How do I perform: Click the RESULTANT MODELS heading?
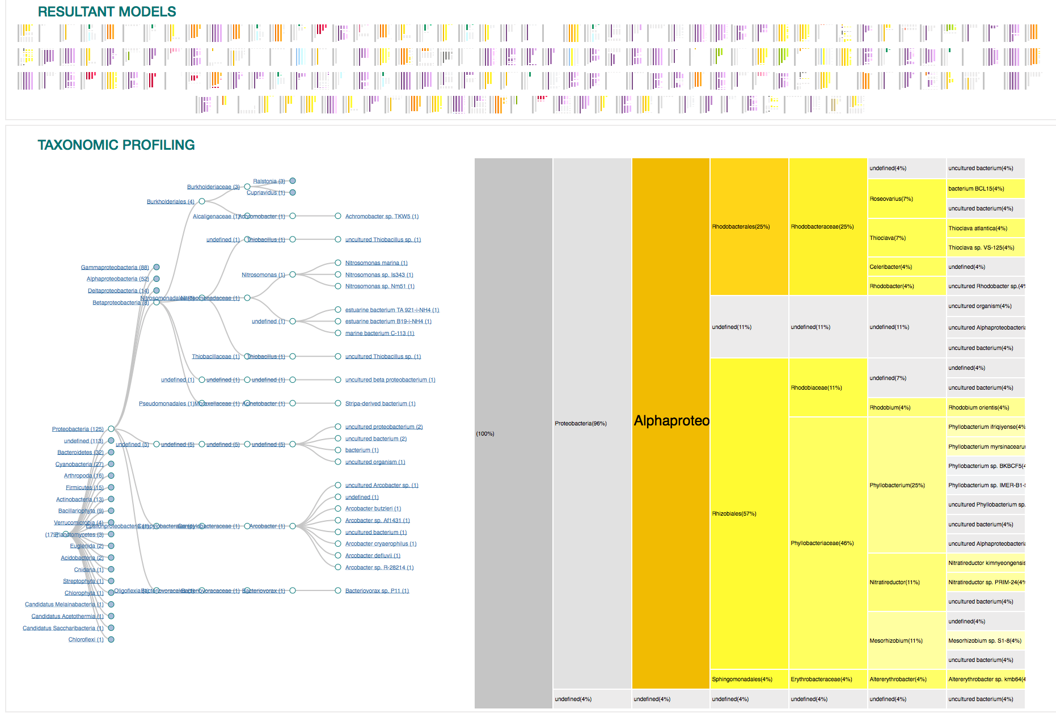pyautogui.click(x=107, y=11)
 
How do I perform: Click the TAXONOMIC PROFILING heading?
pyautogui.click(x=116, y=145)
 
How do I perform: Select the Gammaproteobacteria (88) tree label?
pyautogui.click(x=115, y=267)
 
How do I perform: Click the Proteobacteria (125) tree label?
pyautogui.click(x=78, y=429)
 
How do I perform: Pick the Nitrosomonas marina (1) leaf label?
pyautogui.click(x=376, y=263)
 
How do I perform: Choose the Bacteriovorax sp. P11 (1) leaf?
pyautogui.click(x=377, y=591)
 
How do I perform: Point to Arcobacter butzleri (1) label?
pyautogui.click(x=373, y=509)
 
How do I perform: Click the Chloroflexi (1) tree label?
pyautogui.click(x=86, y=640)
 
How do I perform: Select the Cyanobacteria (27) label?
pyautogui.click(x=79, y=465)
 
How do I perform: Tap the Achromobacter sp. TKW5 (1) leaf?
pyautogui.click(x=382, y=217)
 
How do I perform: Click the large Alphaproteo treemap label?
pyautogui.click(x=671, y=421)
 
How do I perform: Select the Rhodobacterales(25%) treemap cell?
pyautogui.click(x=741, y=227)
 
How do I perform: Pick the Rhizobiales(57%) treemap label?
pyautogui.click(x=734, y=514)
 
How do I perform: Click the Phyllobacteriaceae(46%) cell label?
pyautogui.click(x=822, y=543)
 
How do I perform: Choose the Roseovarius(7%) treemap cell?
pyautogui.click(x=891, y=199)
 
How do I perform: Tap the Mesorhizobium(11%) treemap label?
pyautogui.click(x=896, y=641)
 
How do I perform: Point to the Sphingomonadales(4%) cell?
pyautogui.click(x=742, y=680)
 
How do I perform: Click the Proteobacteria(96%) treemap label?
pyautogui.click(x=580, y=424)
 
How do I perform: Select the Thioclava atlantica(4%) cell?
pyautogui.click(x=977, y=229)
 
